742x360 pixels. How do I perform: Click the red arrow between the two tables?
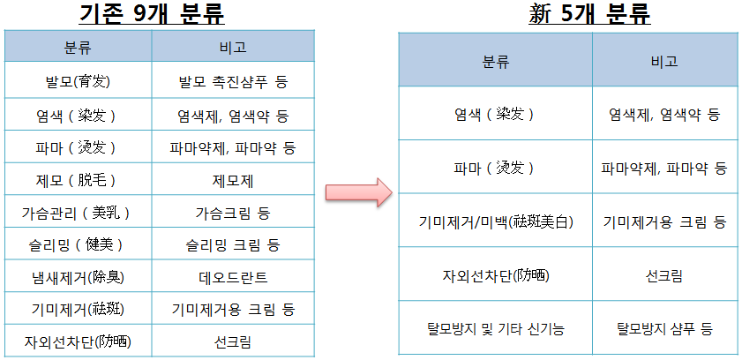click(x=359, y=192)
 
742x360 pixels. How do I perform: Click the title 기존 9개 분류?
click(x=152, y=15)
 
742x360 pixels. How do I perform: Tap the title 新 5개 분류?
click(x=589, y=15)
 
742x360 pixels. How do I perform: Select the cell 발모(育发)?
click(x=78, y=82)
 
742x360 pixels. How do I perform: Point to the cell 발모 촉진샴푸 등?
click(x=233, y=82)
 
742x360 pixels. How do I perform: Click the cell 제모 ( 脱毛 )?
click(x=78, y=180)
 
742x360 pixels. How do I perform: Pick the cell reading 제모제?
click(x=233, y=180)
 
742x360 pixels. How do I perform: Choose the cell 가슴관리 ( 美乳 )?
click(x=78, y=213)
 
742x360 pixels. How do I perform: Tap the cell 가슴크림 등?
click(x=233, y=213)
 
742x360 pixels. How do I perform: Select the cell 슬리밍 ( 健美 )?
click(x=78, y=244)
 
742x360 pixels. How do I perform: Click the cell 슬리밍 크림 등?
click(x=233, y=244)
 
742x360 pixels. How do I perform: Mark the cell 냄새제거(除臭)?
click(x=78, y=277)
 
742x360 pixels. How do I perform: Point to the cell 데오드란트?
click(x=233, y=277)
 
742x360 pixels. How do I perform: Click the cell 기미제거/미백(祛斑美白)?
click(x=496, y=221)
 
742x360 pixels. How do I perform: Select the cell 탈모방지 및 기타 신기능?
click(x=496, y=328)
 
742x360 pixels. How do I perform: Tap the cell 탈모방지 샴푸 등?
click(x=665, y=328)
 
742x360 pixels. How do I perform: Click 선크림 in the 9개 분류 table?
click(x=233, y=341)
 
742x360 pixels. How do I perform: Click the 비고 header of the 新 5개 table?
click(x=664, y=61)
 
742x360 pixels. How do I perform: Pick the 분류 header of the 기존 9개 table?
click(x=78, y=47)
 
